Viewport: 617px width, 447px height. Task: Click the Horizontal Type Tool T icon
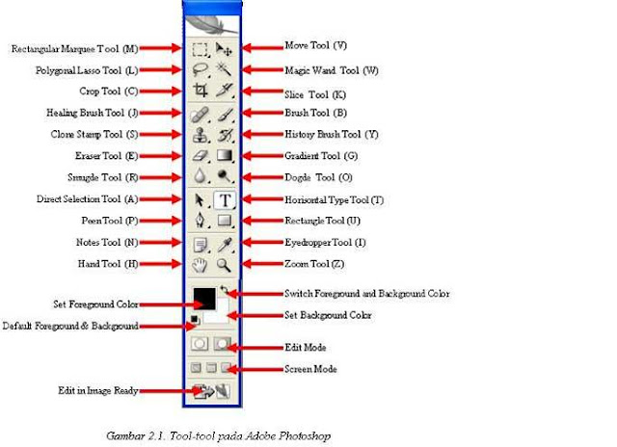pyautogui.click(x=225, y=200)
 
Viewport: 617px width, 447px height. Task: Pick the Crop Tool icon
pyautogui.click(x=201, y=92)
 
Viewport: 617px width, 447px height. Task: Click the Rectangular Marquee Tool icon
pyautogui.click(x=201, y=47)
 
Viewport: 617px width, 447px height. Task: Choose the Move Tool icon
pyautogui.click(x=225, y=47)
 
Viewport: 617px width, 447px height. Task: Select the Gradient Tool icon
pyautogui.click(x=225, y=156)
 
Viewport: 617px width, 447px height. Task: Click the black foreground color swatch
pyautogui.click(x=204, y=300)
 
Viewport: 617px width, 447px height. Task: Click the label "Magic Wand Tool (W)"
pyautogui.click(x=332, y=70)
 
